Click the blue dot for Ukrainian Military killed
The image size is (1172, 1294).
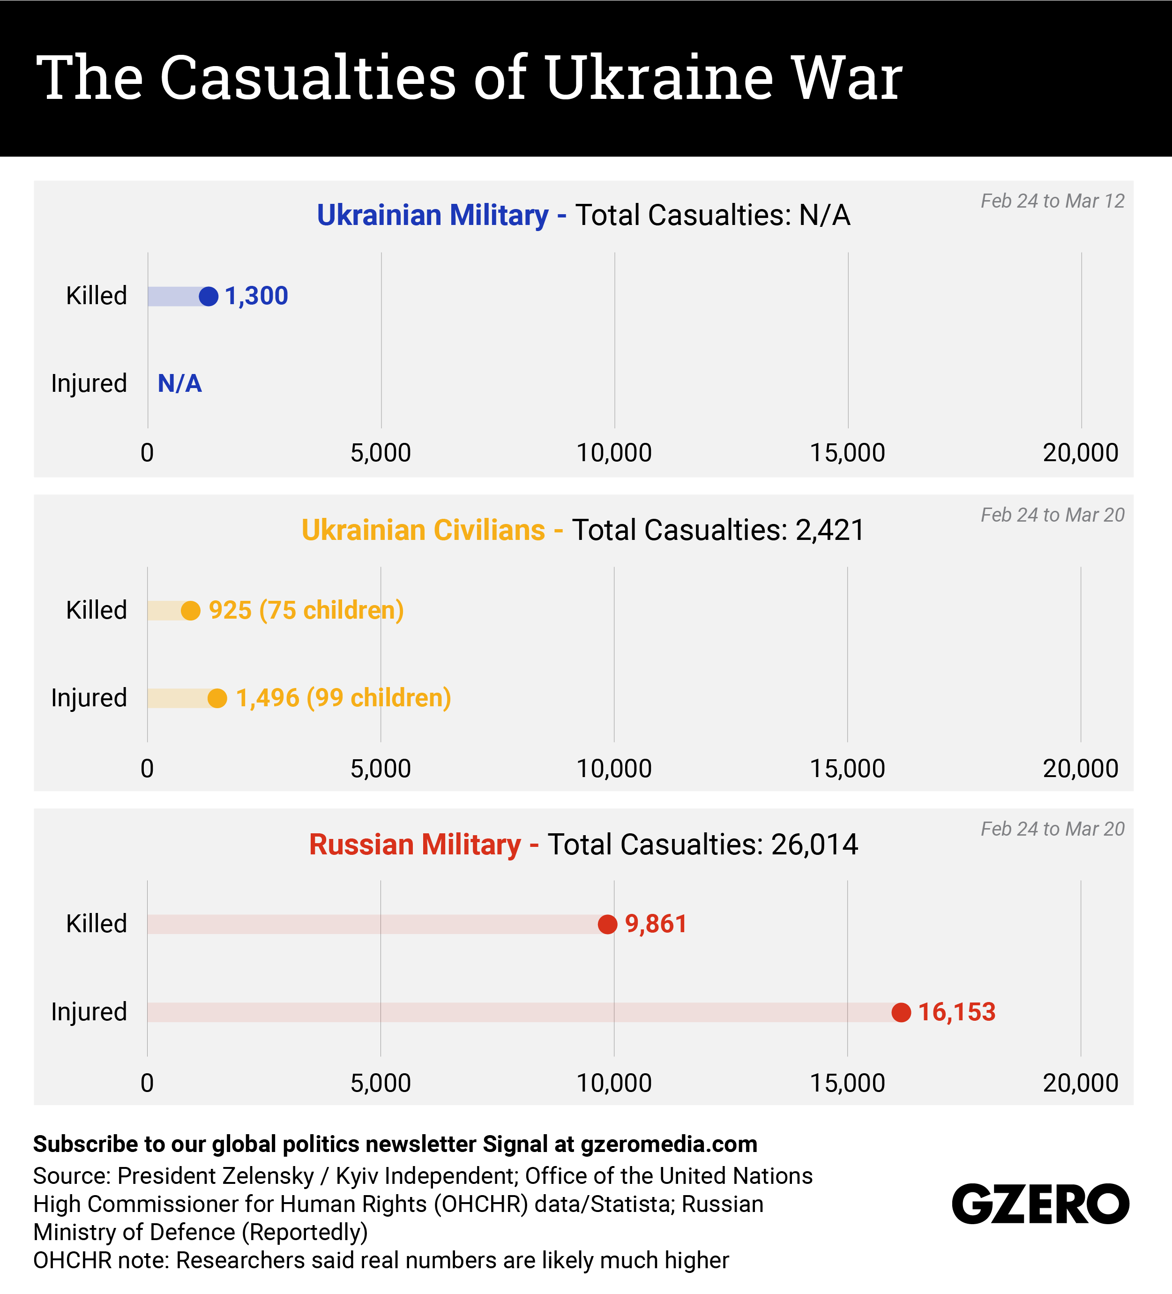209,297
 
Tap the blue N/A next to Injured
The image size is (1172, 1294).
180,384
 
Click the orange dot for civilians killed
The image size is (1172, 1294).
191,610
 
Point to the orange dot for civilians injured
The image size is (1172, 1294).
217,698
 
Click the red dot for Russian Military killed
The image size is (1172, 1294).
607,924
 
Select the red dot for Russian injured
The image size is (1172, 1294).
901,1012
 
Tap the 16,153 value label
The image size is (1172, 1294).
956,1012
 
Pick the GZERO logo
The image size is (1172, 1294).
1040,1204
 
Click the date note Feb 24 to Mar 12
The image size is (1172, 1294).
1053,202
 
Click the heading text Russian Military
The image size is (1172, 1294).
415,845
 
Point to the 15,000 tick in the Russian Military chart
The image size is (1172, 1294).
847,1083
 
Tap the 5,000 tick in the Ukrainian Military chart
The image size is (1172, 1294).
381,453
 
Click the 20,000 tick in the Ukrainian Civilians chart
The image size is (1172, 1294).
1080,768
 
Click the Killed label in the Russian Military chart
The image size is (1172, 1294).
96,924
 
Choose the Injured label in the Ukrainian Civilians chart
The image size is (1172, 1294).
89,698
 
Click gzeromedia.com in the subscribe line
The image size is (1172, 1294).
669,1144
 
